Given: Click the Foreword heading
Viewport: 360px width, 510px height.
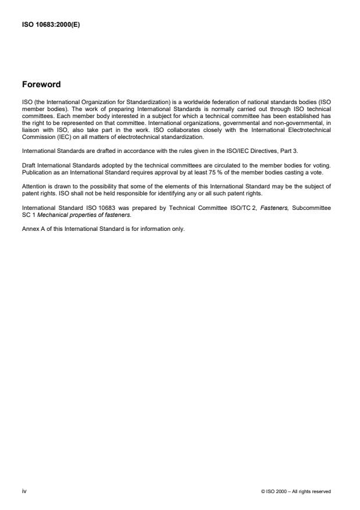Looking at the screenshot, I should coord(41,84).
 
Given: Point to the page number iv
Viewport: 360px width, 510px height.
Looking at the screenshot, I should coord(24,491).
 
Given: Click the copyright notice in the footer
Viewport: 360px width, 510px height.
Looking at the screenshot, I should coord(297,491).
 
